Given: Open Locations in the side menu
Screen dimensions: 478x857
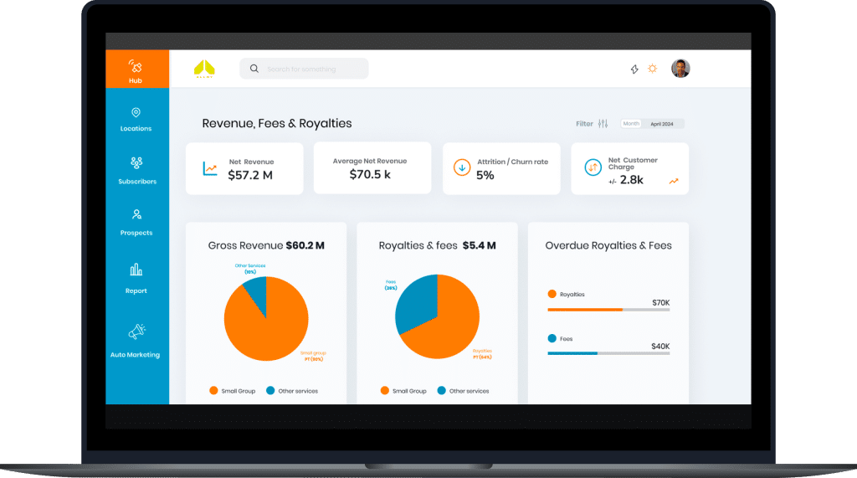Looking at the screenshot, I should tap(136, 118).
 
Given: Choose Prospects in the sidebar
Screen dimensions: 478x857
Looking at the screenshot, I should tap(136, 221).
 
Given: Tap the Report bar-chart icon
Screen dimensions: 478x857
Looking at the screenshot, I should tap(136, 270).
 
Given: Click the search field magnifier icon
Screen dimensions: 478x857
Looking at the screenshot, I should tap(254, 69).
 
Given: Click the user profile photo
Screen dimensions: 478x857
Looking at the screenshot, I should tap(680, 69).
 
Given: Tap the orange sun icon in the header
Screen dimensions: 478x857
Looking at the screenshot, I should tap(653, 69).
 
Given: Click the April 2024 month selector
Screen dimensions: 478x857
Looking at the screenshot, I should tap(662, 124).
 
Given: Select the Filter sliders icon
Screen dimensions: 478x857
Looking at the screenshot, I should tap(603, 124).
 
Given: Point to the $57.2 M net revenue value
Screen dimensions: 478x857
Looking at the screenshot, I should tap(250, 175).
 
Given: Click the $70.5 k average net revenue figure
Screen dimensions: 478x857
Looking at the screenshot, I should tap(370, 174).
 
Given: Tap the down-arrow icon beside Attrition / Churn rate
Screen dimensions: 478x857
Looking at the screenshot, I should tap(461, 167).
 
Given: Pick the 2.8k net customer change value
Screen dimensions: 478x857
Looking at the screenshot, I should tap(631, 180).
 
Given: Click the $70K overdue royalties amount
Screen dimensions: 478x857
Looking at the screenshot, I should tap(660, 302).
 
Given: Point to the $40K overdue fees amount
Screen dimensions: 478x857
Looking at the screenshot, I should tap(660, 346).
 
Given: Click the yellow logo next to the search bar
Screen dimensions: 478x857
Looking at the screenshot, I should tap(204, 68).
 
